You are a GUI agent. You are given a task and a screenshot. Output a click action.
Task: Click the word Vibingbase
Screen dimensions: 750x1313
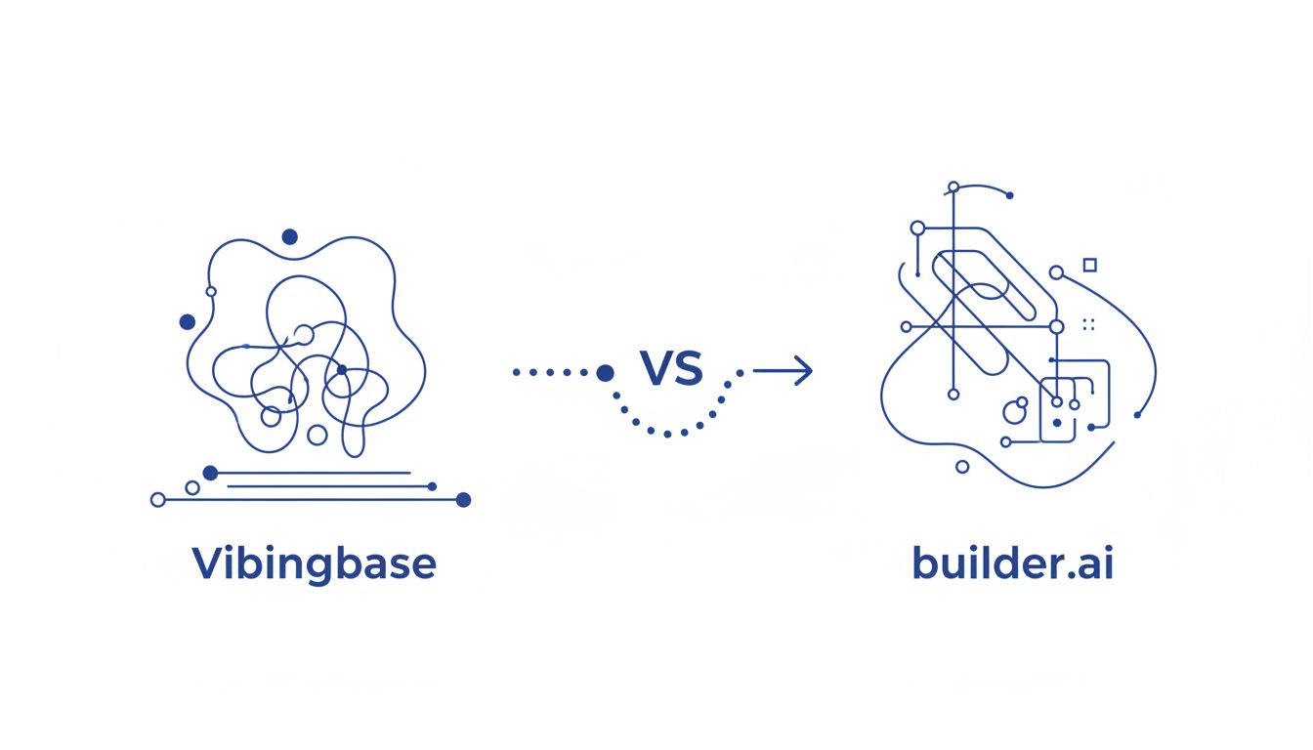314,564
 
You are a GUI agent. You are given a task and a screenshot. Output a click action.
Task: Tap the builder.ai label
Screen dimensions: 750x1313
1012,564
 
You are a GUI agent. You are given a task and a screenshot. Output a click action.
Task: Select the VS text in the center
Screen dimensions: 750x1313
671,368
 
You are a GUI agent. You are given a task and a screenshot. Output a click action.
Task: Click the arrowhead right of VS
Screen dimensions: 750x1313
803,371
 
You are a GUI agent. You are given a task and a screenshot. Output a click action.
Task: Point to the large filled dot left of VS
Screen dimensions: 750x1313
605,372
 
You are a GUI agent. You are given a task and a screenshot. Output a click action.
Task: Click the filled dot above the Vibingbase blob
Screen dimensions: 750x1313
289,236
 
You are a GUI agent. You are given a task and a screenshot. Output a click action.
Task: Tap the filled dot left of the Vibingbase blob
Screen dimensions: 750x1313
188,321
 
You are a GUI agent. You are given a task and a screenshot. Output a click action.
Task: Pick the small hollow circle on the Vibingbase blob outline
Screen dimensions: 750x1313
211,291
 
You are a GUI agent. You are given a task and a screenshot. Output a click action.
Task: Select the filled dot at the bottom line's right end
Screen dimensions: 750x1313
463,500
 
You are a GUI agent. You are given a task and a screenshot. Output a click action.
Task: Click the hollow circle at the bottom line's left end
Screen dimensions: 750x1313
158,500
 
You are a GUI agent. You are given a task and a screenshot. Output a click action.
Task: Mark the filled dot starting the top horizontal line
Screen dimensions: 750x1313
210,473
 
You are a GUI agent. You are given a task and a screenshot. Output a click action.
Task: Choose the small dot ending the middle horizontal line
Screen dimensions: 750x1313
433,485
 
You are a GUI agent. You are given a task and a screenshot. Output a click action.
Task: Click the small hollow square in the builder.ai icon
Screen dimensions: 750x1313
1090,265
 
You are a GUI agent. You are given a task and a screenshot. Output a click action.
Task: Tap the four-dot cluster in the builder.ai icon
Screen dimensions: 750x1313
1089,324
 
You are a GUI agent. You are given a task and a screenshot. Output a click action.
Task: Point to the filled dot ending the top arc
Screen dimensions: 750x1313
1009,195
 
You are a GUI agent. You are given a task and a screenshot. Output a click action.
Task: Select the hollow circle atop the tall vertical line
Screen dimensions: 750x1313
953,187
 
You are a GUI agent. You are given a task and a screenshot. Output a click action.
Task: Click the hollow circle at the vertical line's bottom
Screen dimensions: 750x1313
953,395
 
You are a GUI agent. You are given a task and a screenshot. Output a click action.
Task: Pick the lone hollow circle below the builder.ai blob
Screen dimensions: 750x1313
962,467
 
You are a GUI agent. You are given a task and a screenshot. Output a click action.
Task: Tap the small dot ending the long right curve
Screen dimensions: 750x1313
1137,415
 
